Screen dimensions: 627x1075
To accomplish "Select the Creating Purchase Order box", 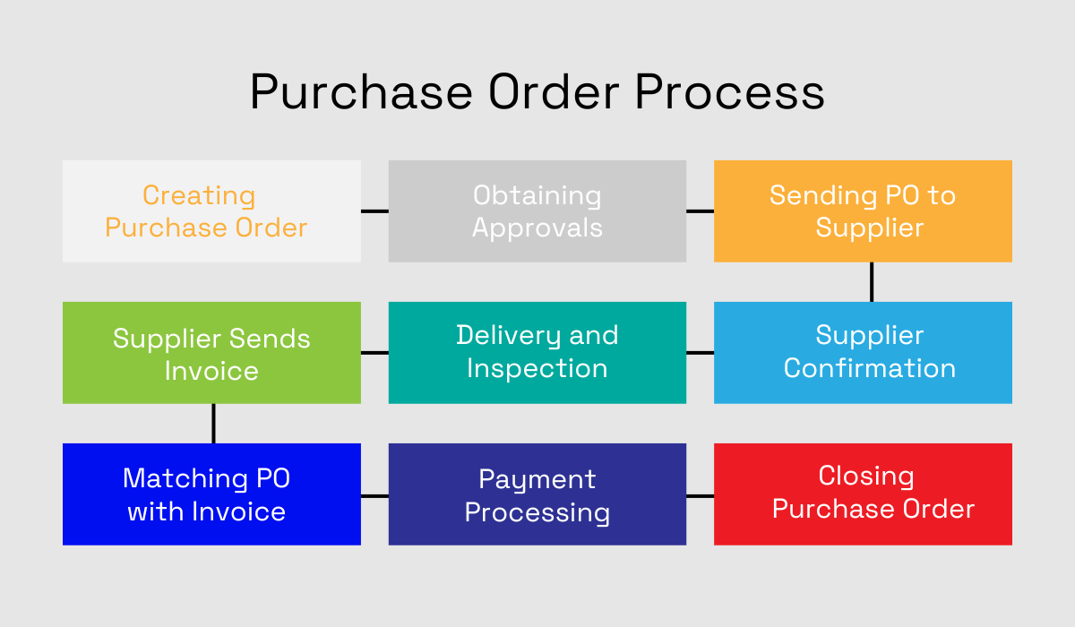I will pyautogui.click(x=211, y=211).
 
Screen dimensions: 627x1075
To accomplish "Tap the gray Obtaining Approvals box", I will pyautogui.click(x=537, y=211).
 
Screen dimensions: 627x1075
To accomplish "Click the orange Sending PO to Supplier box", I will pyautogui.click(x=863, y=211).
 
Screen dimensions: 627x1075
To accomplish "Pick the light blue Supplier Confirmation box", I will pyautogui.click(x=863, y=352).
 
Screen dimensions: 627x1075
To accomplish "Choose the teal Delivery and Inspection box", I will pyautogui.click(x=537, y=352).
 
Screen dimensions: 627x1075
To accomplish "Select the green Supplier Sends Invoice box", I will pyautogui.click(x=211, y=352).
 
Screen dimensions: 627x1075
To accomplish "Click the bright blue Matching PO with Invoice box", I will pyautogui.click(x=211, y=494).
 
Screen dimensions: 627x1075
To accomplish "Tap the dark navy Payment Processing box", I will pyautogui.click(x=537, y=494).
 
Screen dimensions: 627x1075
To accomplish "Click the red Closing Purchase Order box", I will pyautogui.click(x=863, y=494).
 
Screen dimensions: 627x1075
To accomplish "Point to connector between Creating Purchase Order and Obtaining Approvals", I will pyautogui.click(x=374, y=211).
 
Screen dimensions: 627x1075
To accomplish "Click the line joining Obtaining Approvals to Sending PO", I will pyautogui.click(x=700, y=211).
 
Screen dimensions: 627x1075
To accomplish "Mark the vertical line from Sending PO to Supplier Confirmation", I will pyautogui.click(x=871, y=282).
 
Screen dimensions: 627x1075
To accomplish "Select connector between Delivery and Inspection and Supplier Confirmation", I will pyautogui.click(x=700, y=352).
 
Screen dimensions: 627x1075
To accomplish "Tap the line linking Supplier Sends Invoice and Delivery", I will pyautogui.click(x=374, y=352).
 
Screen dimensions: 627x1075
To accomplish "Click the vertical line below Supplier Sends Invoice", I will pyautogui.click(x=213, y=423).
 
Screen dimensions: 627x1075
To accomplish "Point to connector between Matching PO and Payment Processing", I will pyautogui.click(x=374, y=495).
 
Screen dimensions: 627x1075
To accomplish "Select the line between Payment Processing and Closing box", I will pyautogui.click(x=700, y=495).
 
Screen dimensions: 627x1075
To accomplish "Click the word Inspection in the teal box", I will pyautogui.click(x=537, y=368).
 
